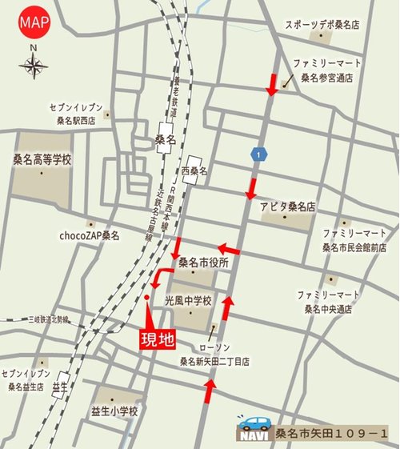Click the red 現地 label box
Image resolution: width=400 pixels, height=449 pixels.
[158, 339]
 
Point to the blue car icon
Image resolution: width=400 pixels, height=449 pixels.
[257, 424]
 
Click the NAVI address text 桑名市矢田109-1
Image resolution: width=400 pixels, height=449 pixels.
[331, 435]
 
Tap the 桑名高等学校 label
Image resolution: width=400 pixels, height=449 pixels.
[42, 160]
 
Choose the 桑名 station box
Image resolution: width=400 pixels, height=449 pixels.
[165, 138]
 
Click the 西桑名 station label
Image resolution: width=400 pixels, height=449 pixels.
[194, 170]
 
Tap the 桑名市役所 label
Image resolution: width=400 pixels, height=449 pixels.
[203, 263]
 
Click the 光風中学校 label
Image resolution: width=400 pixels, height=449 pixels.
[188, 302]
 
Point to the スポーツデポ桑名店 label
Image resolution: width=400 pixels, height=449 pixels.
[322, 25]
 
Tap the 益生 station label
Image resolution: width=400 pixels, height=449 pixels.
[58, 387]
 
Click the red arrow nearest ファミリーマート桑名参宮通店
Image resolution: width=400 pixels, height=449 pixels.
[273, 83]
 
